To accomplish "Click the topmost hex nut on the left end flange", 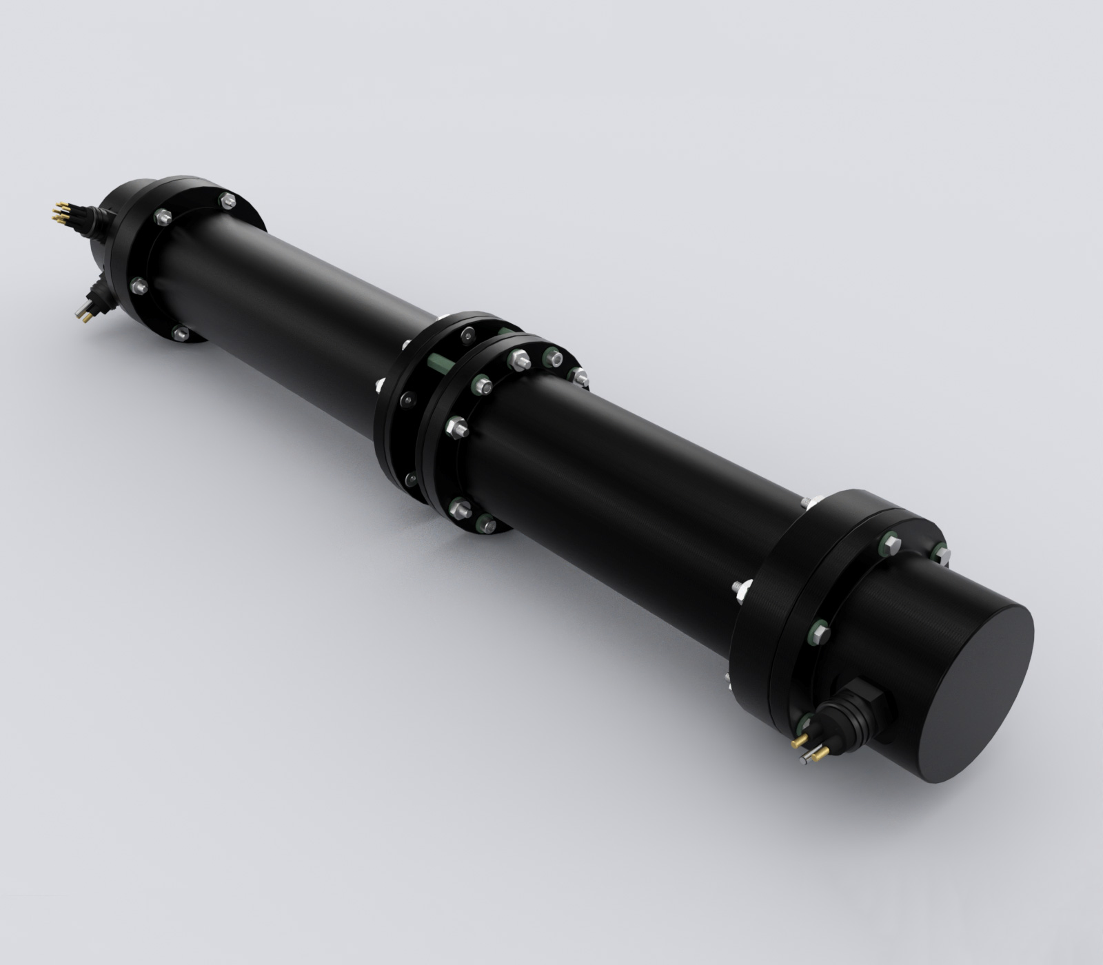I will click(x=227, y=201).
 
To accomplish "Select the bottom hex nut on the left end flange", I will click(x=180, y=334).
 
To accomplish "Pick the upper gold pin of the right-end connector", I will click(x=799, y=741).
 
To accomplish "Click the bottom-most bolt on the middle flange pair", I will click(x=488, y=525).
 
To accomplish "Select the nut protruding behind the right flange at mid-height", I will click(x=741, y=589).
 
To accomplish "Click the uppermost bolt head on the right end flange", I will click(x=889, y=545).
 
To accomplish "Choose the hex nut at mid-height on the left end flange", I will click(x=139, y=284).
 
